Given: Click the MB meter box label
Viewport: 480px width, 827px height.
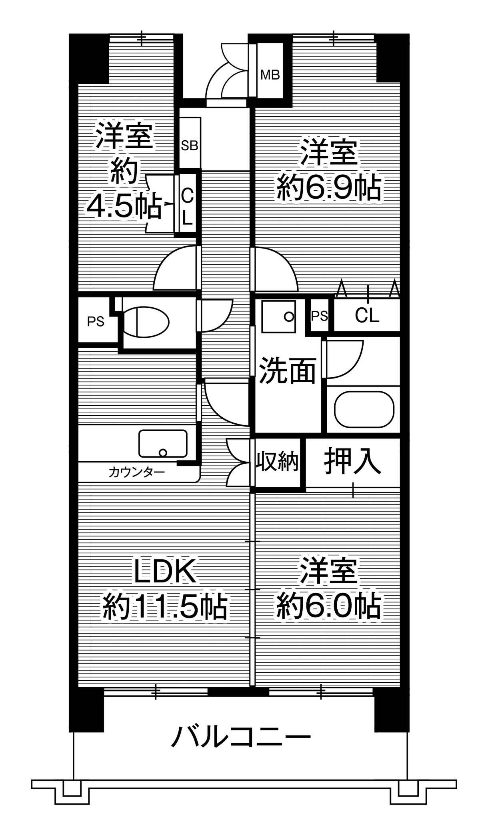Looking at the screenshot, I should [x=270, y=74].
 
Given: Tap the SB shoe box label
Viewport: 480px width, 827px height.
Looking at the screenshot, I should [x=190, y=145].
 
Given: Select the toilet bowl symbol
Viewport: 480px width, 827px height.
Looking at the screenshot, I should [x=146, y=321].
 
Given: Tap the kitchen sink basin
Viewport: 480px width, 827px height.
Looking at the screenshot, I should [x=163, y=443].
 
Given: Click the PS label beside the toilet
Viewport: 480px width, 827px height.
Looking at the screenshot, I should [x=96, y=321].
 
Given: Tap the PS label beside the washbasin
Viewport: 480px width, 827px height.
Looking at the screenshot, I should [x=320, y=316].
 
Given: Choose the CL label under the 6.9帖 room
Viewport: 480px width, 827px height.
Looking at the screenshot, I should [x=367, y=316].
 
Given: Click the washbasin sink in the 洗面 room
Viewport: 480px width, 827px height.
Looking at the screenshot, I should [x=279, y=316].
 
